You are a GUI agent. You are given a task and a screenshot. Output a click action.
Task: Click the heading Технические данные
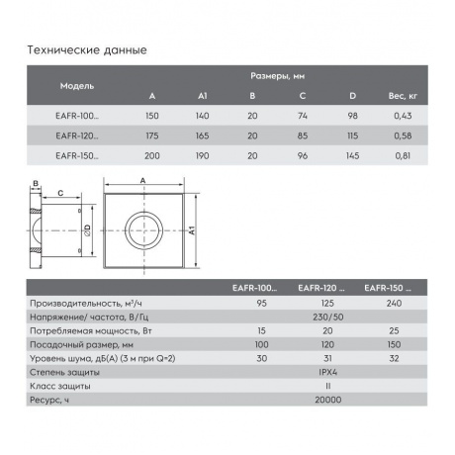tap(87, 50)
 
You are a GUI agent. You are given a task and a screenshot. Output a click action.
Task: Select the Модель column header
tap(77, 86)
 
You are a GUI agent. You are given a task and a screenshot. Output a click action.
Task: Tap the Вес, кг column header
tap(403, 96)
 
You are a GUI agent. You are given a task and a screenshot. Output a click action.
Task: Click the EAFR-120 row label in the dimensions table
tap(77, 136)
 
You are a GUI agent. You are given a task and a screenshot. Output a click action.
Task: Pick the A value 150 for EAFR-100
tap(152, 116)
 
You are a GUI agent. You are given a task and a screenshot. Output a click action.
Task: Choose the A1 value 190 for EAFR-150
tap(202, 155)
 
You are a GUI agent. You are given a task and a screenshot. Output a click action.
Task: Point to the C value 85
tap(303, 136)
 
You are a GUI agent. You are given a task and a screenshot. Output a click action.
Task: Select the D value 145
tap(352, 155)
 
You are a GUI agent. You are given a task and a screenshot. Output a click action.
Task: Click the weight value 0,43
tap(403, 116)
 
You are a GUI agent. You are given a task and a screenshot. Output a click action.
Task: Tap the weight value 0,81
tap(403, 155)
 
